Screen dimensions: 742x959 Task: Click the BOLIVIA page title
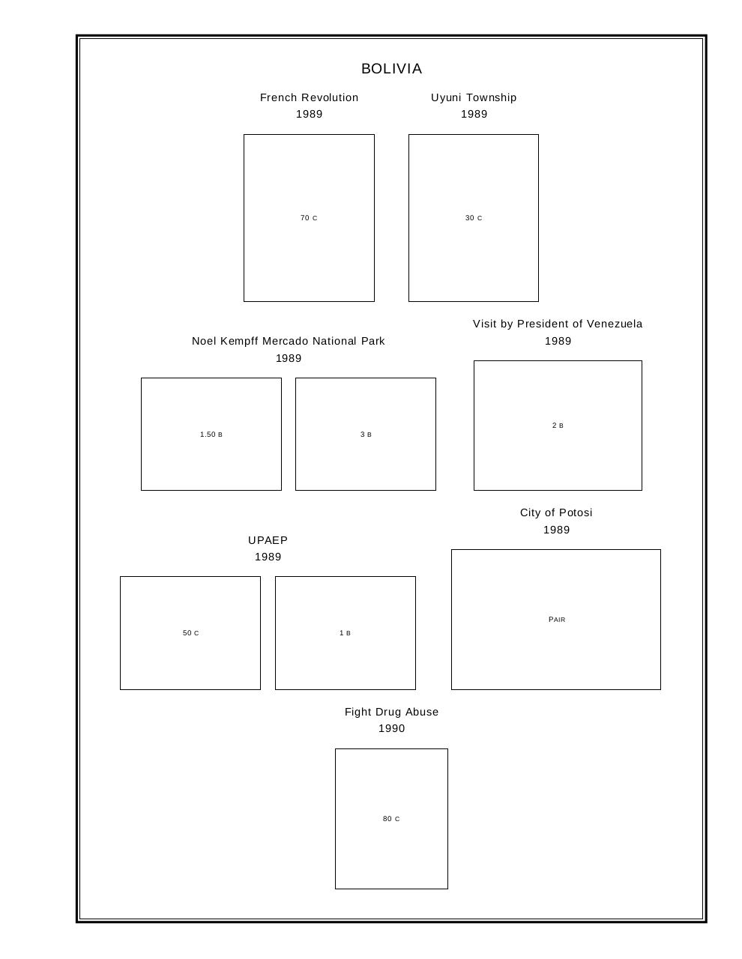391,69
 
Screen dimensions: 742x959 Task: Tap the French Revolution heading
309,97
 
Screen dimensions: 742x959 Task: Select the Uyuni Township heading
474,98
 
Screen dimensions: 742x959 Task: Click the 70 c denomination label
309,217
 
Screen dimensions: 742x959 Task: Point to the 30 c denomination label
474,217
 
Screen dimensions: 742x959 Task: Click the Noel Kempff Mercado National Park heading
289,341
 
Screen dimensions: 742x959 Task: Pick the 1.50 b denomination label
211,435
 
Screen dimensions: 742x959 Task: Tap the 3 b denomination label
366,435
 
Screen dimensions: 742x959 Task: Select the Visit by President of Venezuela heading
558,324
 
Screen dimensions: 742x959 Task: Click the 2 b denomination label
558,426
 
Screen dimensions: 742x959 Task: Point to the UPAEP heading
268,540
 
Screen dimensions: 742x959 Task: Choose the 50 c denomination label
190,633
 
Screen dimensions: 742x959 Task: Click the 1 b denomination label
345,633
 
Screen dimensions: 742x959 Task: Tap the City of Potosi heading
556,512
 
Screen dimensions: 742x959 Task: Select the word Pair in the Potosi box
557,619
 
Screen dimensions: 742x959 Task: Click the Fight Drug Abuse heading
391,713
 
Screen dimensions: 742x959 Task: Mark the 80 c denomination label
391,819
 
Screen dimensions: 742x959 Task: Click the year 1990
391,729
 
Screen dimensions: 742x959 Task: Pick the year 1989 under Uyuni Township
474,115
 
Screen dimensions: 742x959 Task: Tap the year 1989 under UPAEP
268,557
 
